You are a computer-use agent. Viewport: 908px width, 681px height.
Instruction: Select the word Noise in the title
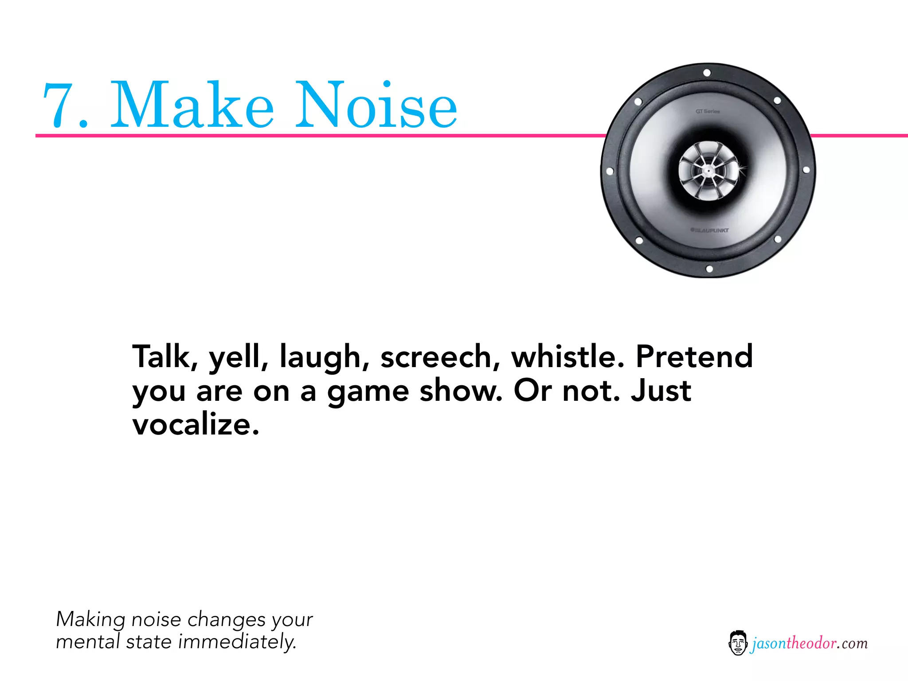pos(376,106)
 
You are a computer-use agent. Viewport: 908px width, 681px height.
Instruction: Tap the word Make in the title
pos(192,106)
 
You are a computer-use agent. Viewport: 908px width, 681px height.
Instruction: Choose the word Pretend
pos(694,356)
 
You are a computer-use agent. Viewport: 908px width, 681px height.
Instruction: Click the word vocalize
pos(195,425)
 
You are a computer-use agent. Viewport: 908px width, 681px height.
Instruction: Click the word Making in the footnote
pos(90,619)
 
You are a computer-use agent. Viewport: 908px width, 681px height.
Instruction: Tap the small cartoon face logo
pos(738,643)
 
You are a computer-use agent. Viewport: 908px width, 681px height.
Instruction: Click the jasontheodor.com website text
pos(810,643)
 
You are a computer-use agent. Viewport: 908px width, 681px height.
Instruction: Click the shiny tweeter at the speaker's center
pos(708,171)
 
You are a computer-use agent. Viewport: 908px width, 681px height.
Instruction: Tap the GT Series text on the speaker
pos(708,111)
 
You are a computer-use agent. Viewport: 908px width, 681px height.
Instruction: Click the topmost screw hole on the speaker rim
pos(707,73)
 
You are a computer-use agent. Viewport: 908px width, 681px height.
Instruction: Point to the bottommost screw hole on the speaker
pos(709,269)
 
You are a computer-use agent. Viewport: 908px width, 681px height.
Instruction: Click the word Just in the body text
pos(661,391)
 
